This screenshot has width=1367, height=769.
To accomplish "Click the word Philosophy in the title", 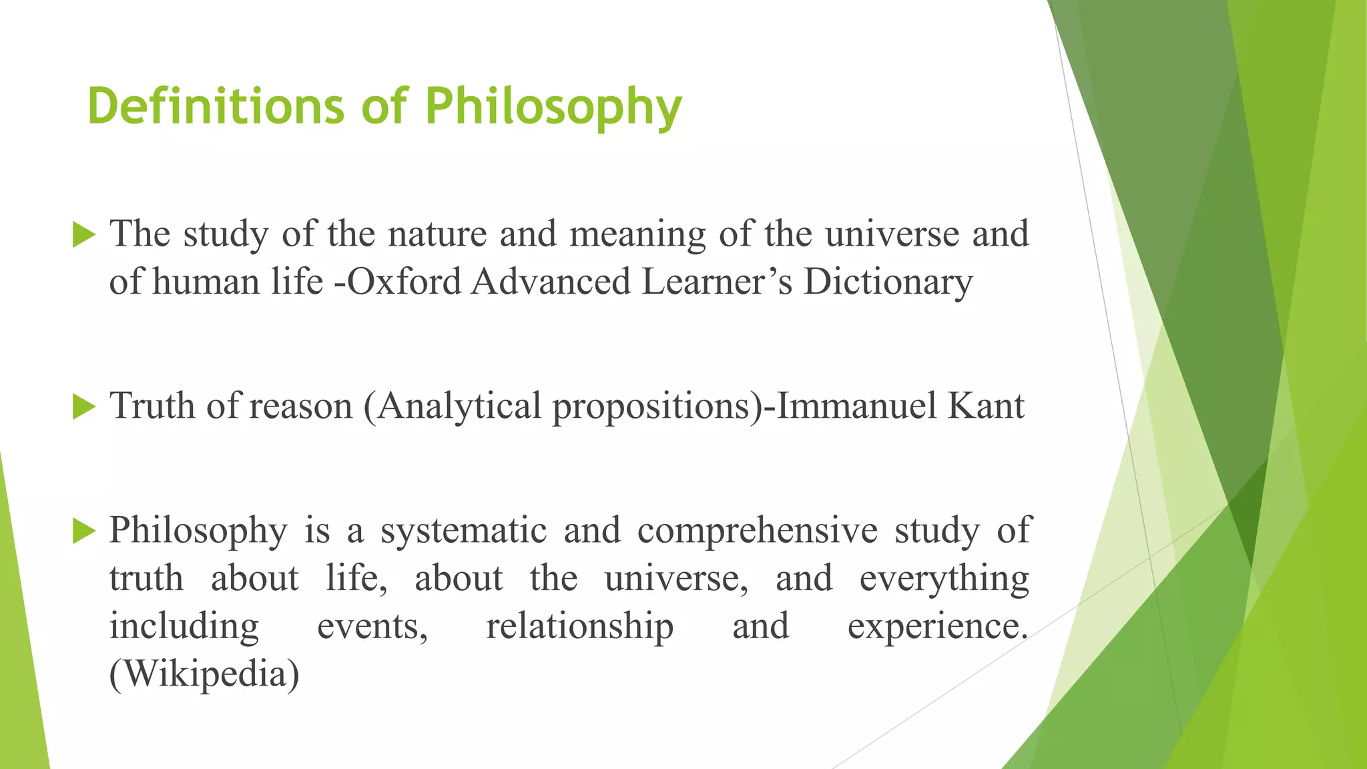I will click(553, 107).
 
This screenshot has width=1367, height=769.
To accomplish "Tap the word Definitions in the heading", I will click(215, 107).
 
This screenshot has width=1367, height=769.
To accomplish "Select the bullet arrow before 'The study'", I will click(83, 235).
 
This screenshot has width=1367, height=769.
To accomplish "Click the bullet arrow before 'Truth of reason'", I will click(83, 407).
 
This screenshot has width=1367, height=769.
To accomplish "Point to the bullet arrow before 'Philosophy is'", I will click(83, 531).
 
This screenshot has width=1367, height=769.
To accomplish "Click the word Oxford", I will click(404, 281).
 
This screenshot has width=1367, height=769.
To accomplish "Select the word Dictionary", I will click(888, 281).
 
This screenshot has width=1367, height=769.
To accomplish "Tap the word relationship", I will click(579, 626).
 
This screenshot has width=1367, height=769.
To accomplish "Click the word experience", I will click(937, 626).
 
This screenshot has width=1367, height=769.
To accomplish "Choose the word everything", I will click(944, 578).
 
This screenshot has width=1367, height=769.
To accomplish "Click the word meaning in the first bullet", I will click(637, 234).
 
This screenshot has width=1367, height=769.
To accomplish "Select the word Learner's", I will click(717, 281).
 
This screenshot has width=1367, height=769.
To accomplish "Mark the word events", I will click(372, 626).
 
